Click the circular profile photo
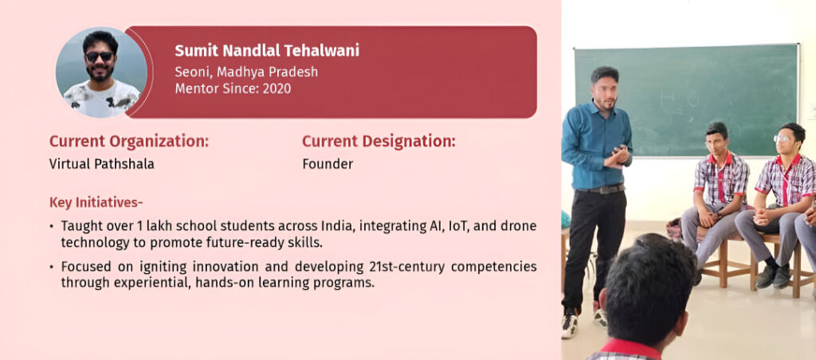(101, 72)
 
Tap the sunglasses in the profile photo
(99, 57)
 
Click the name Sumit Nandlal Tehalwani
(267, 50)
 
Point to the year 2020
(277, 88)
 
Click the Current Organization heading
(129, 141)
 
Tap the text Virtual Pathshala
(101, 164)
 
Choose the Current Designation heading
(379, 141)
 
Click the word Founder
(328, 164)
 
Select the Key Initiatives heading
(96, 202)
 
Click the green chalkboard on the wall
(686, 100)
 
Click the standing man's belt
(599, 189)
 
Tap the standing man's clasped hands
(618, 157)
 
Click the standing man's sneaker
(571, 323)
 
